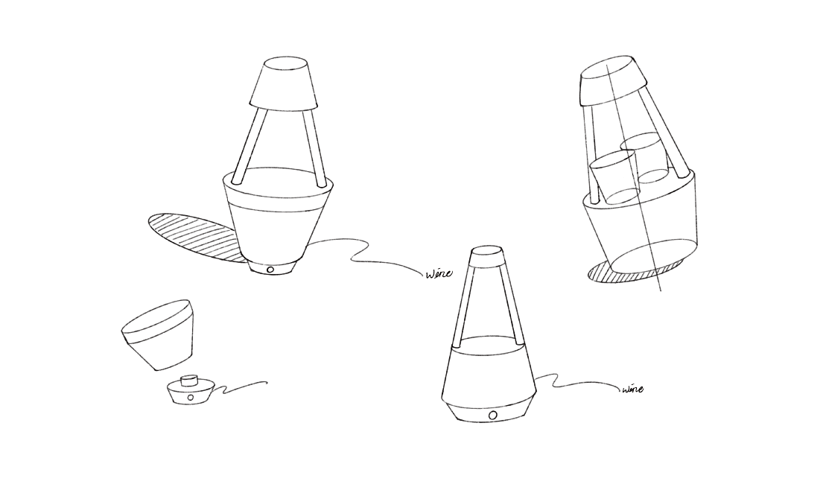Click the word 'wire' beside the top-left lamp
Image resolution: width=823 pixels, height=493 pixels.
pos(439,273)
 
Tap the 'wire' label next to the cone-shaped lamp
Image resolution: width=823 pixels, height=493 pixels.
pos(632,389)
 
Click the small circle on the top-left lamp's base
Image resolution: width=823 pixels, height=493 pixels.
pos(270,270)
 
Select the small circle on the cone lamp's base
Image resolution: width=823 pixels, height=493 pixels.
pos(492,416)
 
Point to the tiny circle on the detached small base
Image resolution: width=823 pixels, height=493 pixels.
pos(190,398)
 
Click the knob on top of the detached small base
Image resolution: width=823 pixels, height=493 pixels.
pos(189,380)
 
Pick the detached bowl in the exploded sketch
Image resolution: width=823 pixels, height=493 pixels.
pos(158,335)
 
